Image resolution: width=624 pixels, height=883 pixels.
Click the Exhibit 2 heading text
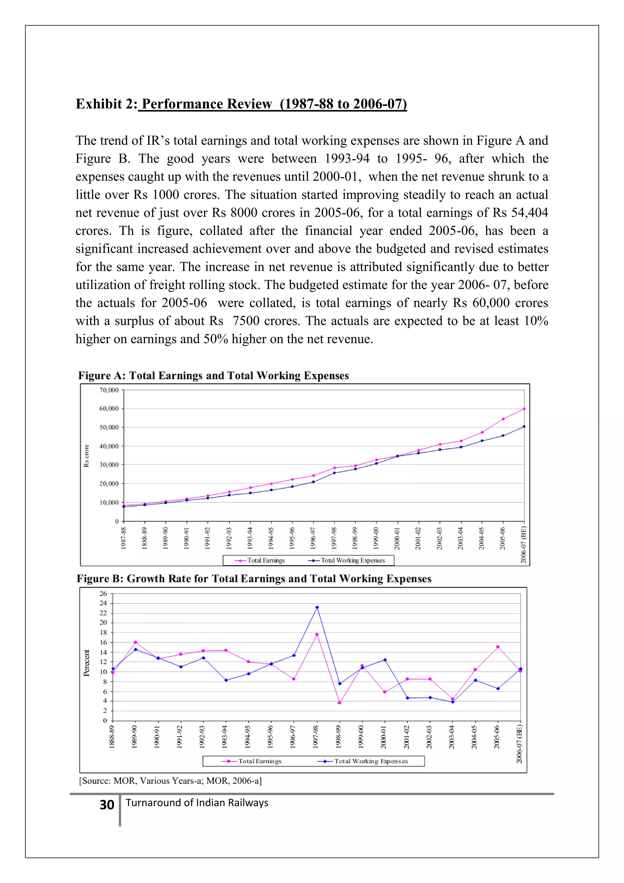pyautogui.click(x=241, y=104)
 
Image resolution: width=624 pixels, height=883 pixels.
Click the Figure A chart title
pyautogui.click(x=213, y=375)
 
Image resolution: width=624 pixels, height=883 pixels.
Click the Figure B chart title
pyautogui.click(x=253, y=578)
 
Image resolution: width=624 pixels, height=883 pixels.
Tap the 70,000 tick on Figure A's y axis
pyautogui.click(x=109, y=390)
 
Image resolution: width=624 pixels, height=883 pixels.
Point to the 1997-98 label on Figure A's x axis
pyautogui.click(x=334, y=538)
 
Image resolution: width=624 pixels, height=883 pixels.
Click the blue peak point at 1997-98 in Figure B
pyautogui.click(x=317, y=608)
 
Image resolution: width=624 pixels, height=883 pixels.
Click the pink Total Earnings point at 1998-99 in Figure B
pyautogui.click(x=339, y=702)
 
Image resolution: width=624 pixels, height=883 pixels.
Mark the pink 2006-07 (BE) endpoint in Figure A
pyautogui.click(x=524, y=409)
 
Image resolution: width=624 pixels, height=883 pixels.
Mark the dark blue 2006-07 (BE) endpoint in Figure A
pyautogui.click(x=524, y=427)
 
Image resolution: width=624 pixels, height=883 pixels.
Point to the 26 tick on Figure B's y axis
pyautogui.click(x=103, y=593)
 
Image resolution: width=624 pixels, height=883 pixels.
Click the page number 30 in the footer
pyautogui.click(x=107, y=805)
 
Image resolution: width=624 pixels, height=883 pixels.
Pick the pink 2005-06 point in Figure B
pyautogui.click(x=498, y=647)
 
